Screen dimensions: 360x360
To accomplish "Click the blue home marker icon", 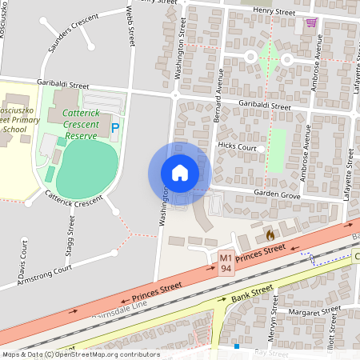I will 180,172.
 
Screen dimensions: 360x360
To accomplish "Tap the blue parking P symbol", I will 115,127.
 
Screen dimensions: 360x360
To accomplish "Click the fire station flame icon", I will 270,235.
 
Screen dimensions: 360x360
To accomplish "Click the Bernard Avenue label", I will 218,92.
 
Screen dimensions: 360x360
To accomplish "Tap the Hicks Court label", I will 237,148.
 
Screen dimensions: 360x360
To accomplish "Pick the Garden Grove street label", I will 277,194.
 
